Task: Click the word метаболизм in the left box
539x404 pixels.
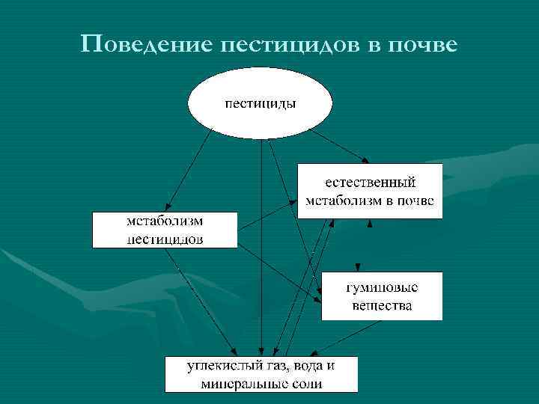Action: point(164,221)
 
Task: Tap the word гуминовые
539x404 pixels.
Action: point(382,288)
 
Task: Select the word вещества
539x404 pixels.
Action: point(382,306)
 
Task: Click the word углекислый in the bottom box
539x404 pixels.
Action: point(222,367)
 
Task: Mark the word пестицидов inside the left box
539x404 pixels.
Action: point(164,239)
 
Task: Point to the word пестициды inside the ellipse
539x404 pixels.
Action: point(261,103)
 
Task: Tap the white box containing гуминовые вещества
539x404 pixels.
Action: point(382,297)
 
